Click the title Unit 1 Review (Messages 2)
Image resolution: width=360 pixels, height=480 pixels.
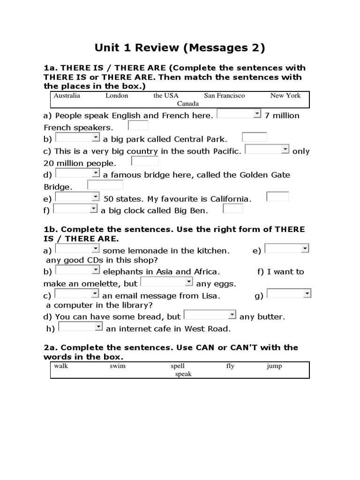pyautogui.click(x=180, y=47)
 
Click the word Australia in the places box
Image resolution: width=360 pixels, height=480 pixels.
pyautogui.click(x=67, y=96)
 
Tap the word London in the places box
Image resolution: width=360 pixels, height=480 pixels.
pyautogui.click(x=117, y=96)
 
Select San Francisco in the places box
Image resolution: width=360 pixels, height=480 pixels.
pyautogui.click(x=224, y=96)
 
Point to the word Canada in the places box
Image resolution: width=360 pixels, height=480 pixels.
pyautogui.click(x=187, y=104)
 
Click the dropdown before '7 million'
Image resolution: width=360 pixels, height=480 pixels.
pyautogui.click(x=239, y=114)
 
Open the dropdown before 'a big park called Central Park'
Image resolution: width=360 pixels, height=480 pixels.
pyautogui.click(x=78, y=138)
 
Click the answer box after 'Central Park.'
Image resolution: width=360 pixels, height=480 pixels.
pyautogui.click(x=255, y=137)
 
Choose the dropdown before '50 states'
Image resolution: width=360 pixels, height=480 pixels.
pyautogui.click(x=77, y=197)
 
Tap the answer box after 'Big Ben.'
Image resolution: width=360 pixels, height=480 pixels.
pyautogui.click(x=233, y=209)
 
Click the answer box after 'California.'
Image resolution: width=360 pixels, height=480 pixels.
pyautogui.click(x=277, y=196)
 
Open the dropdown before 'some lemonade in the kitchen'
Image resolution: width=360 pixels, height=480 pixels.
pyautogui.click(x=78, y=249)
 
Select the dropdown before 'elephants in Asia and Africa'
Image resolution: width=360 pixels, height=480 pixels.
pyautogui.click(x=78, y=270)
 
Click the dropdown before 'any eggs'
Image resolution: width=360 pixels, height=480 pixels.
pyautogui.click(x=167, y=282)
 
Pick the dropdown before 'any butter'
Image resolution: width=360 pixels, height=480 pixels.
pyautogui.click(x=210, y=315)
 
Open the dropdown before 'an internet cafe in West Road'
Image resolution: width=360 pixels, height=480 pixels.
pyautogui.click(x=81, y=327)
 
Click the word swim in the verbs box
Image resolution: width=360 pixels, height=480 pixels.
pyautogui.click(x=118, y=366)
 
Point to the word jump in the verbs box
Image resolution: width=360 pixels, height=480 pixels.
pyautogui.click(x=274, y=366)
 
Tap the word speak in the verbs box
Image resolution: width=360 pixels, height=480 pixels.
pyautogui.click(x=183, y=374)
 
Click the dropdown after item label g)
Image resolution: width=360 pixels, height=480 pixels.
pyautogui.click(x=289, y=294)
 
